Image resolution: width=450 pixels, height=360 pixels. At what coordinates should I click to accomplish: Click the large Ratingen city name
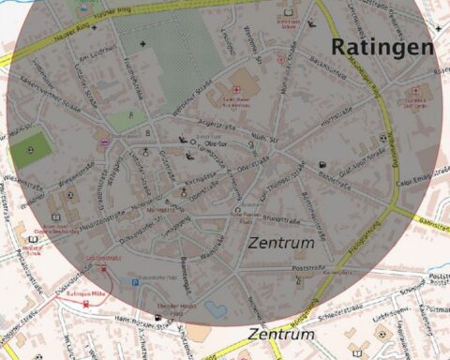[381, 47]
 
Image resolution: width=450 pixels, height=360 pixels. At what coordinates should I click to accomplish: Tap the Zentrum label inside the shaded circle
[281, 243]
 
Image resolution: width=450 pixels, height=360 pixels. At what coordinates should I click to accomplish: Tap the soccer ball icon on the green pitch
[32, 150]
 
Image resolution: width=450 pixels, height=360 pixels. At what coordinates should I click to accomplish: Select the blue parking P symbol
[134, 280]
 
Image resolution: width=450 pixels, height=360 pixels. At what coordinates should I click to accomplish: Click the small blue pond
[214, 307]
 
